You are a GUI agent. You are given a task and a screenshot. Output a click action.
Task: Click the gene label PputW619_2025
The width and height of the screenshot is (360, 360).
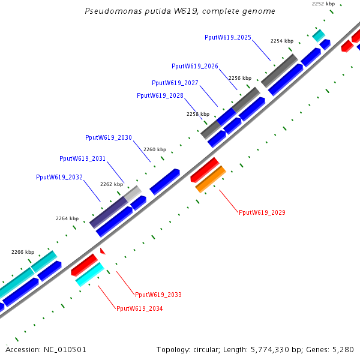pyautogui.click(x=228, y=37)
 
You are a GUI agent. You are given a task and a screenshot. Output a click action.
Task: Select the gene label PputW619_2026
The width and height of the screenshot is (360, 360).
pyautogui.click(x=195, y=66)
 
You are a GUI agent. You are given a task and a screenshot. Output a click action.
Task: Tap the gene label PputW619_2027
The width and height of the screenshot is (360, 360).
pyautogui.click(x=175, y=83)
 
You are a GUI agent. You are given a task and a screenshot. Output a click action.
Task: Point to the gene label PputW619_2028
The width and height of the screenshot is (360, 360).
pyautogui.click(x=160, y=95)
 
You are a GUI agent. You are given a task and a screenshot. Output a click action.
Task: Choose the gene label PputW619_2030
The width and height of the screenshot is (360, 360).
pyautogui.click(x=109, y=137)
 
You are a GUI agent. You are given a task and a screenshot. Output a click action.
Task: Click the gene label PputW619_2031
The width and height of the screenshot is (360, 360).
pyautogui.click(x=83, y=158)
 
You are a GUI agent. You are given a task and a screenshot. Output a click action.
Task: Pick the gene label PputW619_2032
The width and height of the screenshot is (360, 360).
pyautogui.click(x=59, y=177)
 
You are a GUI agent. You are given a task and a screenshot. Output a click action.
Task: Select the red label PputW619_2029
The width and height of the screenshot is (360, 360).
pyautogui.click(x=262, y=212)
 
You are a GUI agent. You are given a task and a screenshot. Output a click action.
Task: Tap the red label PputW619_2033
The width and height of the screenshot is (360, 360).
pyautogui.click(x=158, y=295)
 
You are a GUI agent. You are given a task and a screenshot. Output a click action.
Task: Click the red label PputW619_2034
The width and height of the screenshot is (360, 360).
pyautogui.click(x=140, y=308)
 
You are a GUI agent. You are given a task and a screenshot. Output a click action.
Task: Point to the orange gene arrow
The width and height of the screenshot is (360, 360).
pyautogui.click(x=211, y=179)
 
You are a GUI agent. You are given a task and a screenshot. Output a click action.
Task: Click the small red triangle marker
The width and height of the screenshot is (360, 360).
pyautogui.click(x=103, y=250)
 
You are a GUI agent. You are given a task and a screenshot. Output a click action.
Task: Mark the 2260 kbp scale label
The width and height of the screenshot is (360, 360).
pyautogui.click(x=154, y=149)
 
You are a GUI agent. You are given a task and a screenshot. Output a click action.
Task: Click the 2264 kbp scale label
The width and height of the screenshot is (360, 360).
pyautogui.click(x=67, y=218)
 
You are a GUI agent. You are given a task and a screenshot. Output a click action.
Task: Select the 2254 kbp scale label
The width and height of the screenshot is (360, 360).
pyautogui.click(x=282, y=41)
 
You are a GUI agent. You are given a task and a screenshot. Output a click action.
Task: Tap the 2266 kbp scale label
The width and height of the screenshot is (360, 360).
pyautogui.click(x=23, y=252)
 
